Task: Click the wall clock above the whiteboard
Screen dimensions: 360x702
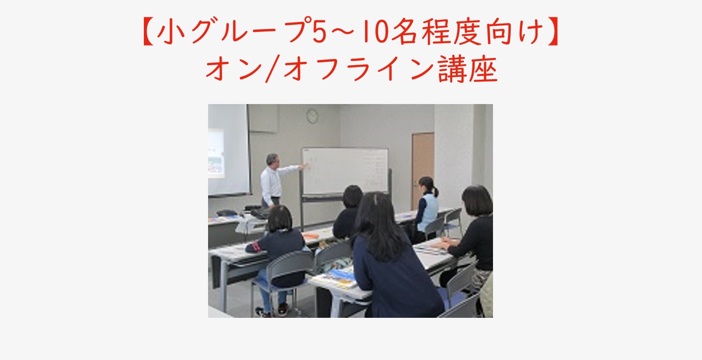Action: click(312, 116)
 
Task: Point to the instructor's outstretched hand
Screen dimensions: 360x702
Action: click(305, 165)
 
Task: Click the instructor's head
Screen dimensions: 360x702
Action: click(271, 160)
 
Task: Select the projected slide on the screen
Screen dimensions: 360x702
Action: click(216, 153)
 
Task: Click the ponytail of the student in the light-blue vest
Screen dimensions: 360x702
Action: click(435, 190)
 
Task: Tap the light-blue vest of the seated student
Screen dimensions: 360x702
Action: click(429, 212)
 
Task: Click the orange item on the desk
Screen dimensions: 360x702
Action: click(311, 236)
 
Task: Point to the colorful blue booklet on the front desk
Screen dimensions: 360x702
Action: click(341, 276)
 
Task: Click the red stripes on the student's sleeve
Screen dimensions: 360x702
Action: click(255, 246)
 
